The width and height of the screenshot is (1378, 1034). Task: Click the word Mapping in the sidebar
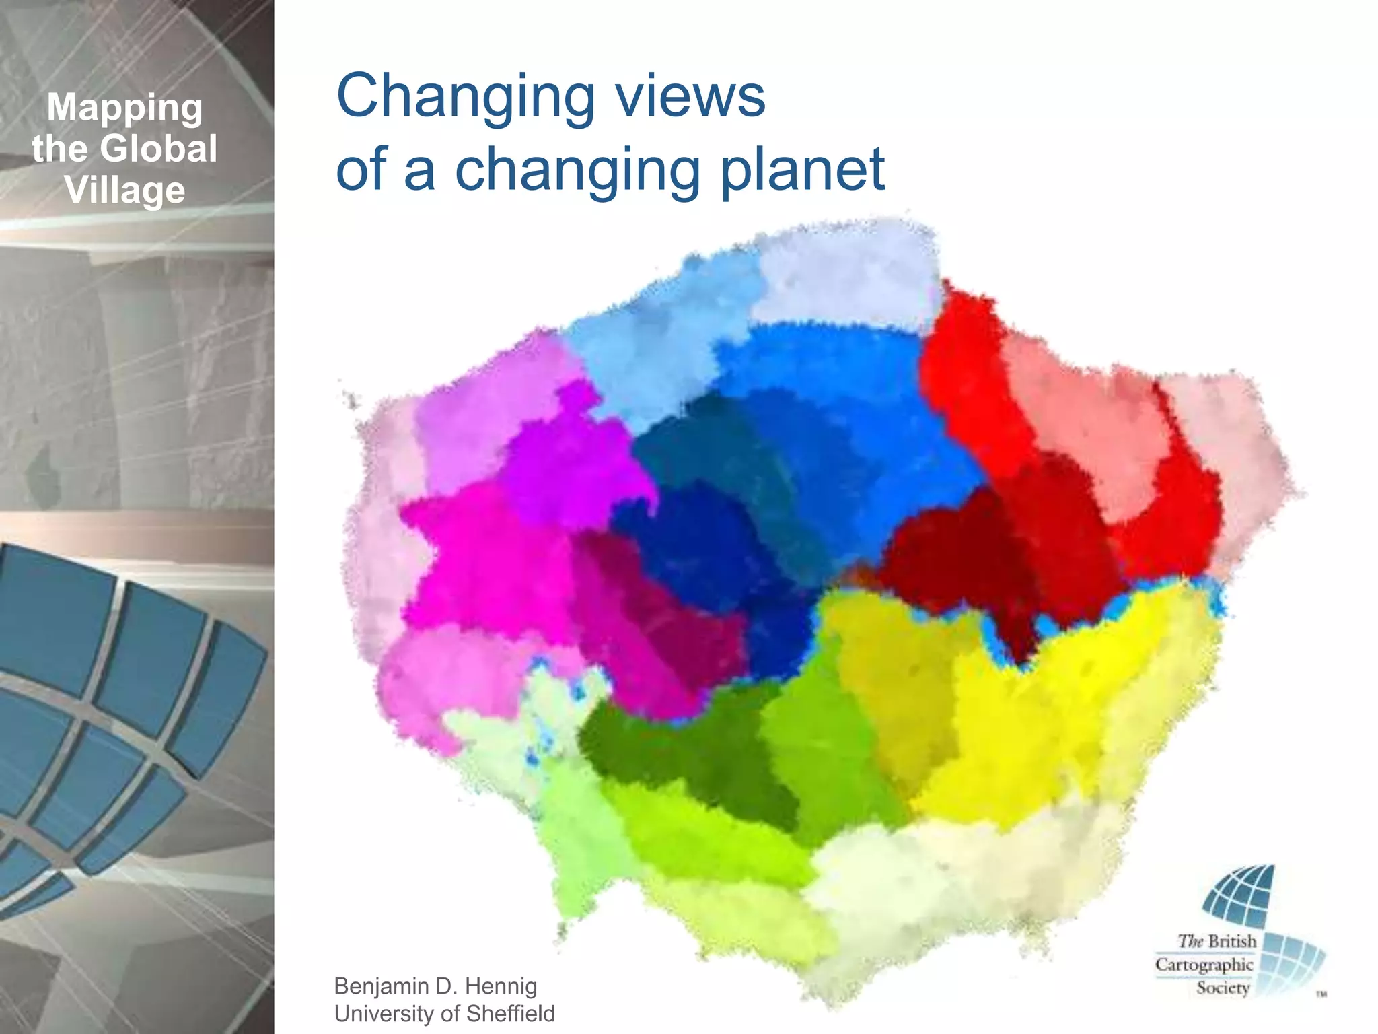[124, 108]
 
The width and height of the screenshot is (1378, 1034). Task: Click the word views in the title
[691, 96]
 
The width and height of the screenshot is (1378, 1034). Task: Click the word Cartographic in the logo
[1204, 965]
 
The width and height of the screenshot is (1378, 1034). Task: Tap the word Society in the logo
[1223, 988]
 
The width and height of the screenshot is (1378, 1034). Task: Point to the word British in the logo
[1232, 941]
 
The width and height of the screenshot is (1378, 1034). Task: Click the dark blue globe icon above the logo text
[1239, 896]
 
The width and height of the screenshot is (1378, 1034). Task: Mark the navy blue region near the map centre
[693, 539]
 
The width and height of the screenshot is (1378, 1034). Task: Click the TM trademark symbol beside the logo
[1321, 994]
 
